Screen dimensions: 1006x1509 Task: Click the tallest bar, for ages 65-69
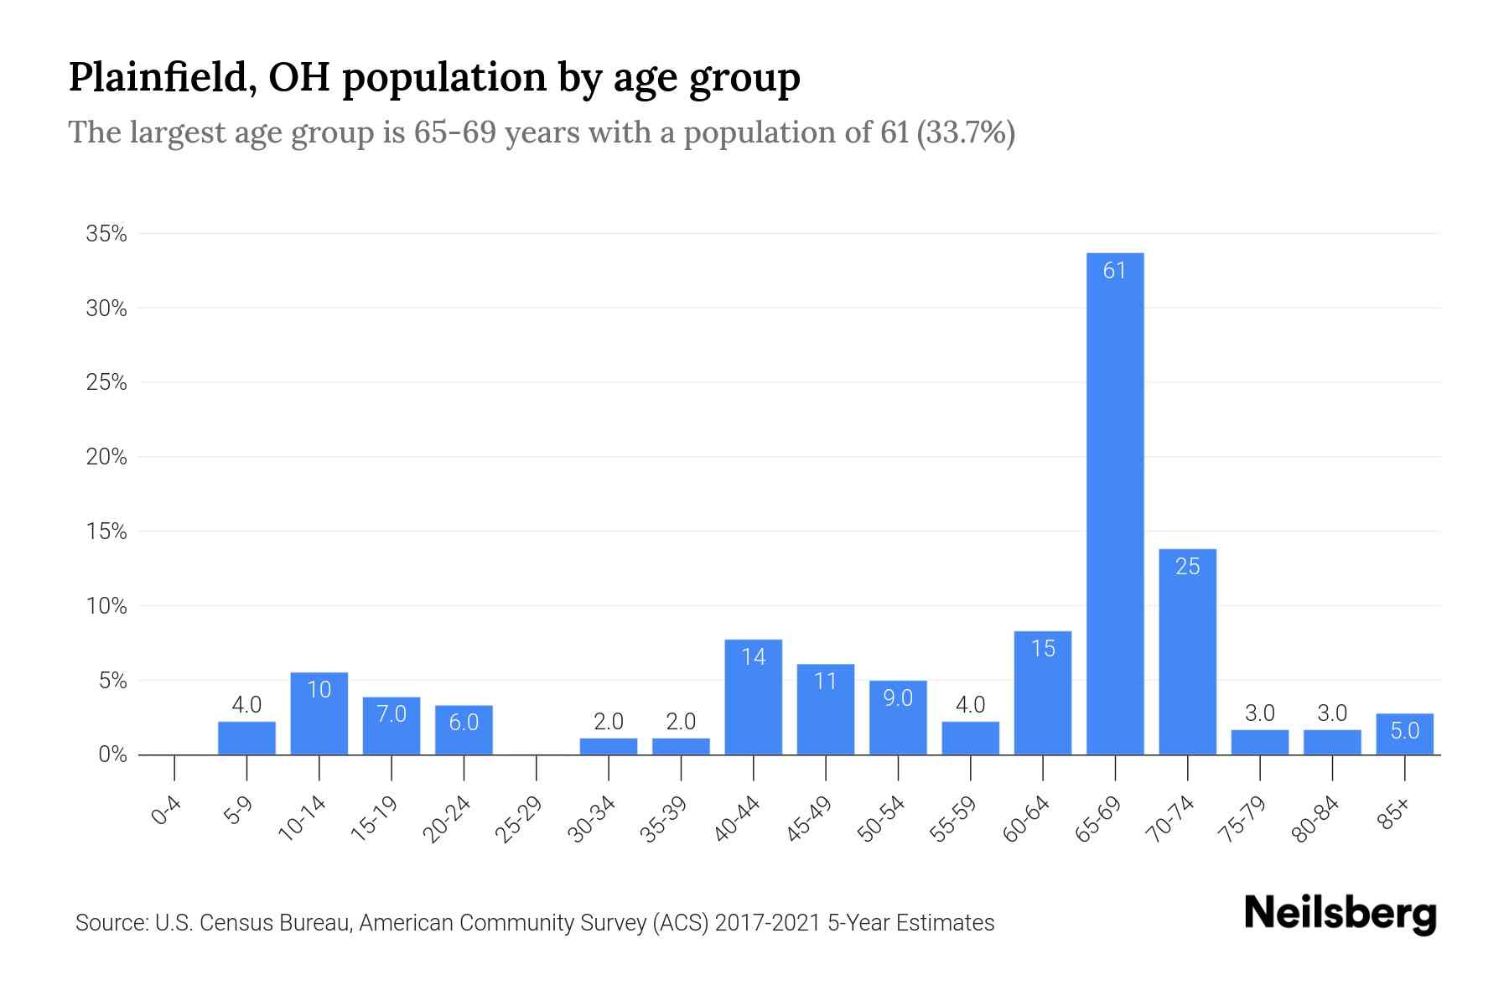(x=1114, y=503)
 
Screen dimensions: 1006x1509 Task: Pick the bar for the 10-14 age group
(x=319, y=713)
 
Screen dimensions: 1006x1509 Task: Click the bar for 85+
(x=1404, y=734)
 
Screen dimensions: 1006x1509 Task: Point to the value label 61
(x=1114, y=271)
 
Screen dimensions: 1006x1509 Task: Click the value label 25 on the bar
(x=1187, y=567)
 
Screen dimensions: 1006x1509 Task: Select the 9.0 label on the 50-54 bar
(x=898, y=697)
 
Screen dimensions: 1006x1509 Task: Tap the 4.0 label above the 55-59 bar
(x=970, y=705)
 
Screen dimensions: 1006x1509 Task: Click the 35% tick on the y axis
(x=106, y=234)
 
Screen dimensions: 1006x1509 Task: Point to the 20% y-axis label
(x=106, y=457)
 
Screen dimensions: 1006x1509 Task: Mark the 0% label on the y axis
(x=112, y=754)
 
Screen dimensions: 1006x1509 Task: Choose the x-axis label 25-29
(x=518, y=819)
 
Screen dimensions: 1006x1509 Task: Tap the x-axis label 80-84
(x=1315, y=819)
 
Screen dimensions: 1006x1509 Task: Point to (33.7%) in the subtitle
(x=966, y=132)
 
